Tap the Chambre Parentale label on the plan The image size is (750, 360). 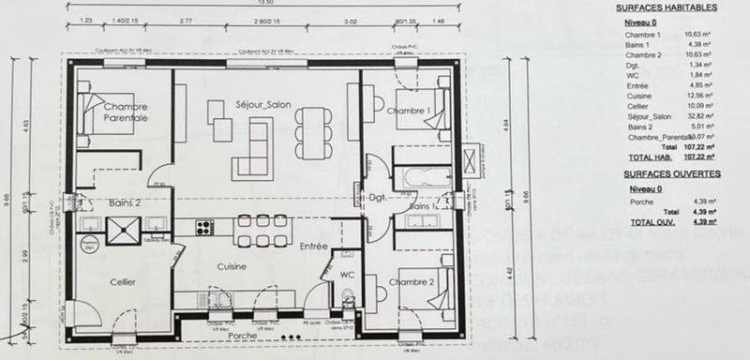pyautogui.click(x=126, y=112)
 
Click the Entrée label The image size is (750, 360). pyautogui.click(x=313, y=246)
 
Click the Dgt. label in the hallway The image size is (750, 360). pyautogui.click(x=378, y=199)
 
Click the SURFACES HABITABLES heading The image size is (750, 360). pyautogui.click(x=667, y=7)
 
